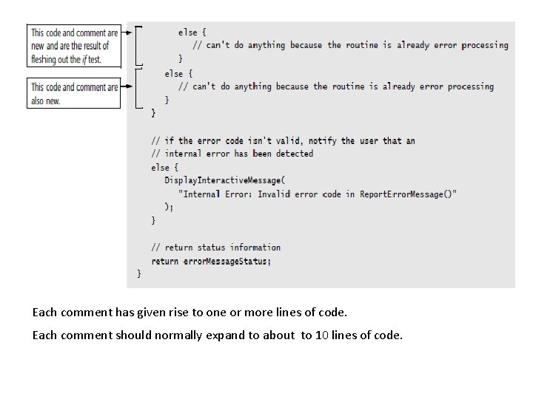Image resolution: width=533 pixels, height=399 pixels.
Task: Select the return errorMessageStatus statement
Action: (x=211, y=262)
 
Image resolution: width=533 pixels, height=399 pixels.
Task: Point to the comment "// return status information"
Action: (x=215, y=248)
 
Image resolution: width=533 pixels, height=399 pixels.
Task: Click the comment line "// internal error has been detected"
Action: (x=232, y=154)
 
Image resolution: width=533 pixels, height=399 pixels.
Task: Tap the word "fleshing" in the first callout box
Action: (x=46, y=59)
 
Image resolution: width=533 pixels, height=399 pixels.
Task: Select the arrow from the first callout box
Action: (x=128, y=33)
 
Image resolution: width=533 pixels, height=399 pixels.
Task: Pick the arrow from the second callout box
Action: (x=128, y=86)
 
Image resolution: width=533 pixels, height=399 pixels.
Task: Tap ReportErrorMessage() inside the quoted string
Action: (x=408, y=194)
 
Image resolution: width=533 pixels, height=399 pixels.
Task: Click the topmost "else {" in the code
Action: (x=192, y=33)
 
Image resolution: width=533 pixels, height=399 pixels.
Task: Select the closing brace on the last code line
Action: (x=139, y=275)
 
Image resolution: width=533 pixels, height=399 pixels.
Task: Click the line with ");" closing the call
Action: (x=169, y=208)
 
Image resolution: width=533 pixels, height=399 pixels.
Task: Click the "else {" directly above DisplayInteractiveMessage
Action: (x=164, y=168)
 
